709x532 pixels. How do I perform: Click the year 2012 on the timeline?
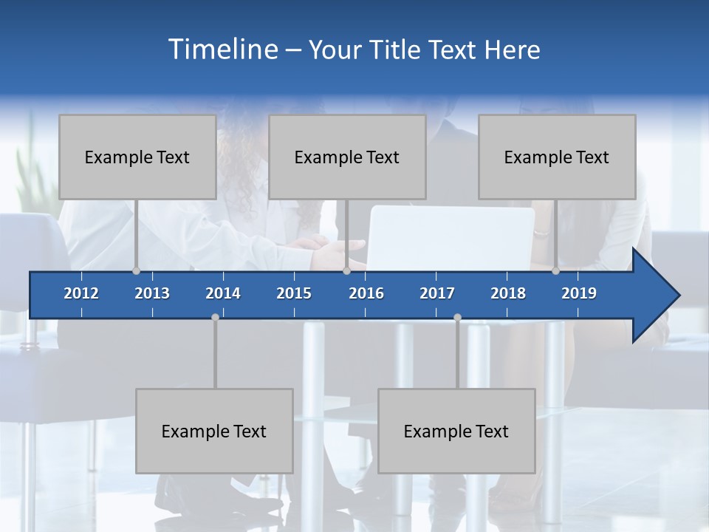tap(81, 293)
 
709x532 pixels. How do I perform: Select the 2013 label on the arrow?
tap(152, 293)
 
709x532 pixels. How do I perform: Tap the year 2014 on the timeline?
tap(223, 293)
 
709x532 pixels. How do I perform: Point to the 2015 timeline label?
tap(294, 293)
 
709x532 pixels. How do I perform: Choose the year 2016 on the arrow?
tap(366, 293)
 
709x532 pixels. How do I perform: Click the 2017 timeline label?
tap(437, 293)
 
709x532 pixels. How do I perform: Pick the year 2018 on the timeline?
tap(508, 293)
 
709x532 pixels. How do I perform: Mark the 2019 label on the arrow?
tap(579, 293)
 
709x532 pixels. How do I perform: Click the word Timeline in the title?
tap(222, 50)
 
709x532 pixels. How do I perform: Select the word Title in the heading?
tap(400, 50)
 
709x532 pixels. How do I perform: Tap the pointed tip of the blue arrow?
tap(677, 296)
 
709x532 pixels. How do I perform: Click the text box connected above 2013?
tap(137, 157)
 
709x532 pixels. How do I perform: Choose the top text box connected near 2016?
tap(347, 157)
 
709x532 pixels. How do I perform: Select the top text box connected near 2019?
tap(557, 157)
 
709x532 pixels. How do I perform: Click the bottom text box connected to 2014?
tap(214, 431)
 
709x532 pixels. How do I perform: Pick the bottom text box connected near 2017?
tap(456, 431)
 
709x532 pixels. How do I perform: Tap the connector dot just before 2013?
tap(136, 271)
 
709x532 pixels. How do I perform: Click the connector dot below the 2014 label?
tap(215, 317)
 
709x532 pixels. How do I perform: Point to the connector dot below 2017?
tap(457, 317)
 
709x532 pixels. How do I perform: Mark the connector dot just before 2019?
tap(555, 271)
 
